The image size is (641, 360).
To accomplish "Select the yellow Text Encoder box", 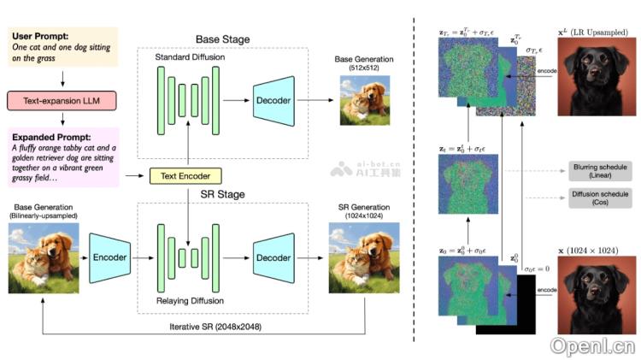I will click(x=185, y=176).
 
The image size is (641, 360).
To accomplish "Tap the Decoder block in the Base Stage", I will click(x=273, y=100).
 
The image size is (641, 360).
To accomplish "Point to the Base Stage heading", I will click(x=221, y=39).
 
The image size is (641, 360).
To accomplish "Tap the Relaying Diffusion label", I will click(x=190, y=301).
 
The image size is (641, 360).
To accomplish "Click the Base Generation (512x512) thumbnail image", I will click(x=367, y=101).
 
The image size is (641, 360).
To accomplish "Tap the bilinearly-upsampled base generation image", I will click(x=43, y=254).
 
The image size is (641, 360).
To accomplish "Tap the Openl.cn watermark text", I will click(x=592, y=345).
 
